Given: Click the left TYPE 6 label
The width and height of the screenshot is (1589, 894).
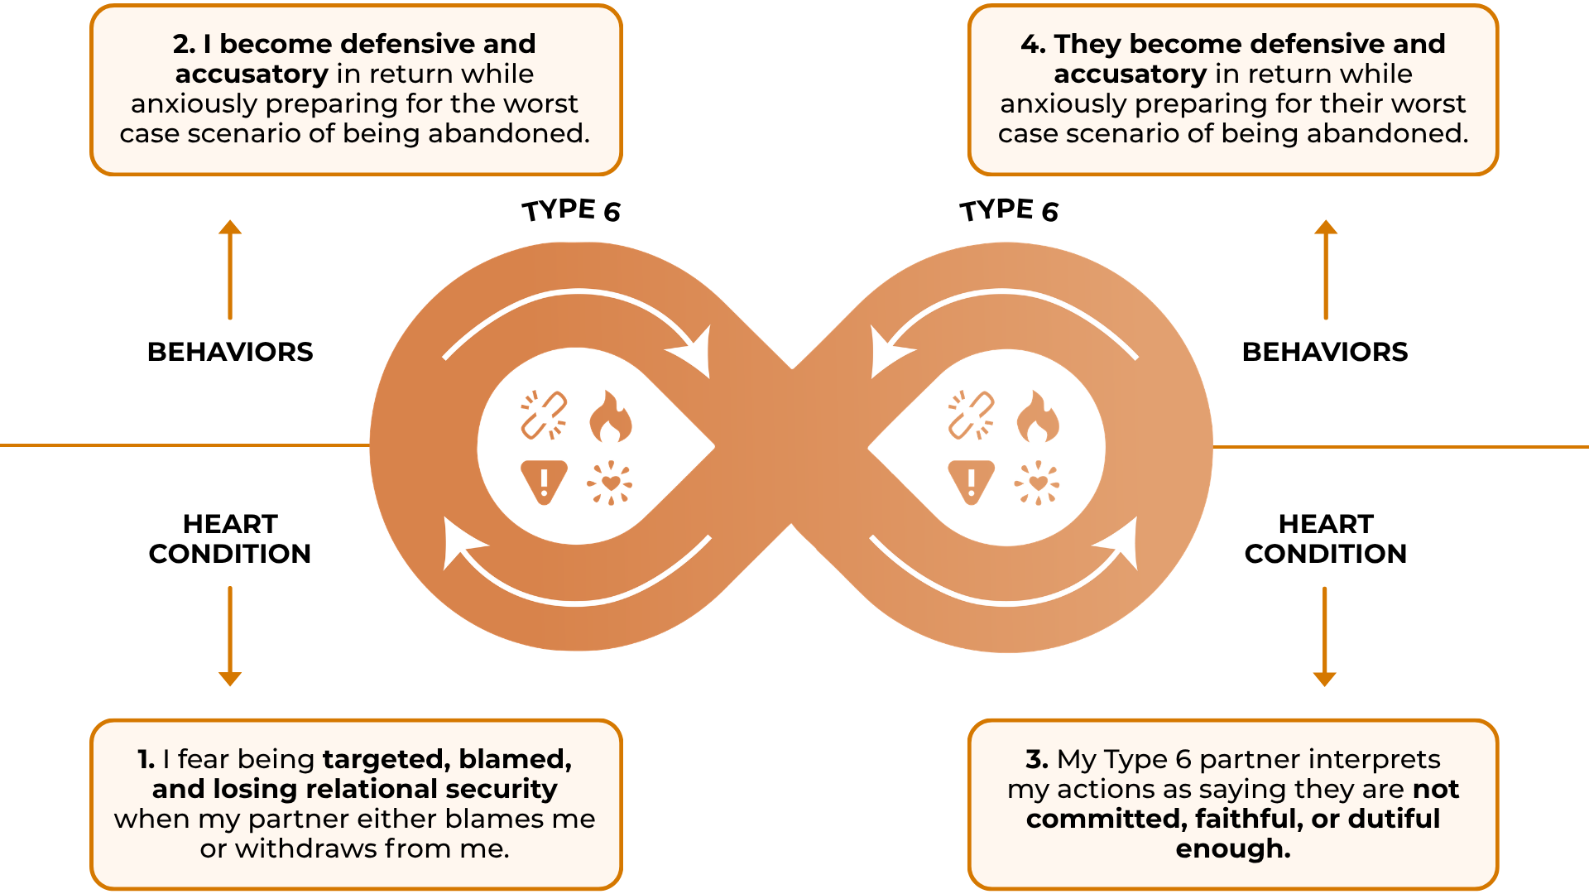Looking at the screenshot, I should (x=571, y=210).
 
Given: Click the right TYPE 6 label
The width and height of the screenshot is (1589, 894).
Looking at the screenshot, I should (x=1009, y=210).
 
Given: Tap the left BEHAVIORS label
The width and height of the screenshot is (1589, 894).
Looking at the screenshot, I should (x=230, y=352).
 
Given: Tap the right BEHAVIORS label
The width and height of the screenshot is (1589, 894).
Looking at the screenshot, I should (x=1325, y=352).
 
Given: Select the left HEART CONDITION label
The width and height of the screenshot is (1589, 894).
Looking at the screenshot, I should (x=230, y=539).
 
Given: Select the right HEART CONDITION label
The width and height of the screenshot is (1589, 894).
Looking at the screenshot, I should (x=1325, y=539).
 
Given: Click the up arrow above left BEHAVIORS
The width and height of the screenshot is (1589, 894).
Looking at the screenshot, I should (x=230, y=269).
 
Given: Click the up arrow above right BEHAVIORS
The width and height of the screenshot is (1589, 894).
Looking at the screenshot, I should (x=1326, y=269).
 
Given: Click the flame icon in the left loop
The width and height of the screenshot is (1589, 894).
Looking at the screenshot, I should (x=611, y=416).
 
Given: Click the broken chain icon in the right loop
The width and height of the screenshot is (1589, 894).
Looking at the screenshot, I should (x=971, y=415).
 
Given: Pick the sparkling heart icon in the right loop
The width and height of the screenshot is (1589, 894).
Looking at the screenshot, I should (x=1037, y=483).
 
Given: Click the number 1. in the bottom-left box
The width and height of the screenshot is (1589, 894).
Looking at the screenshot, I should (x=146, y=759).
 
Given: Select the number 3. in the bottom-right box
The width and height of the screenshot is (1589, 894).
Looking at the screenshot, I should (x=1037, y=759).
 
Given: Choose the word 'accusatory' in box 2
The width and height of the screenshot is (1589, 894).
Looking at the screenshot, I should (x=252, y=74).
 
